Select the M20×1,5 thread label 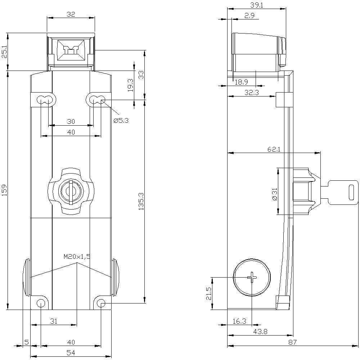click(77, 257)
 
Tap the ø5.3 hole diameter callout click(121, 121)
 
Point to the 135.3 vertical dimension click(141, 201)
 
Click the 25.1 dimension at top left click(4, 52)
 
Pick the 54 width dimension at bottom click(71, 353)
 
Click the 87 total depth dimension click(292, 342)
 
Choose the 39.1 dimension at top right click(257, 5)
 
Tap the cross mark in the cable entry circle click(252, 278)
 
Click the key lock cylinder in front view click(71, 191)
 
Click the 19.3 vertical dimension click(130, 85)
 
